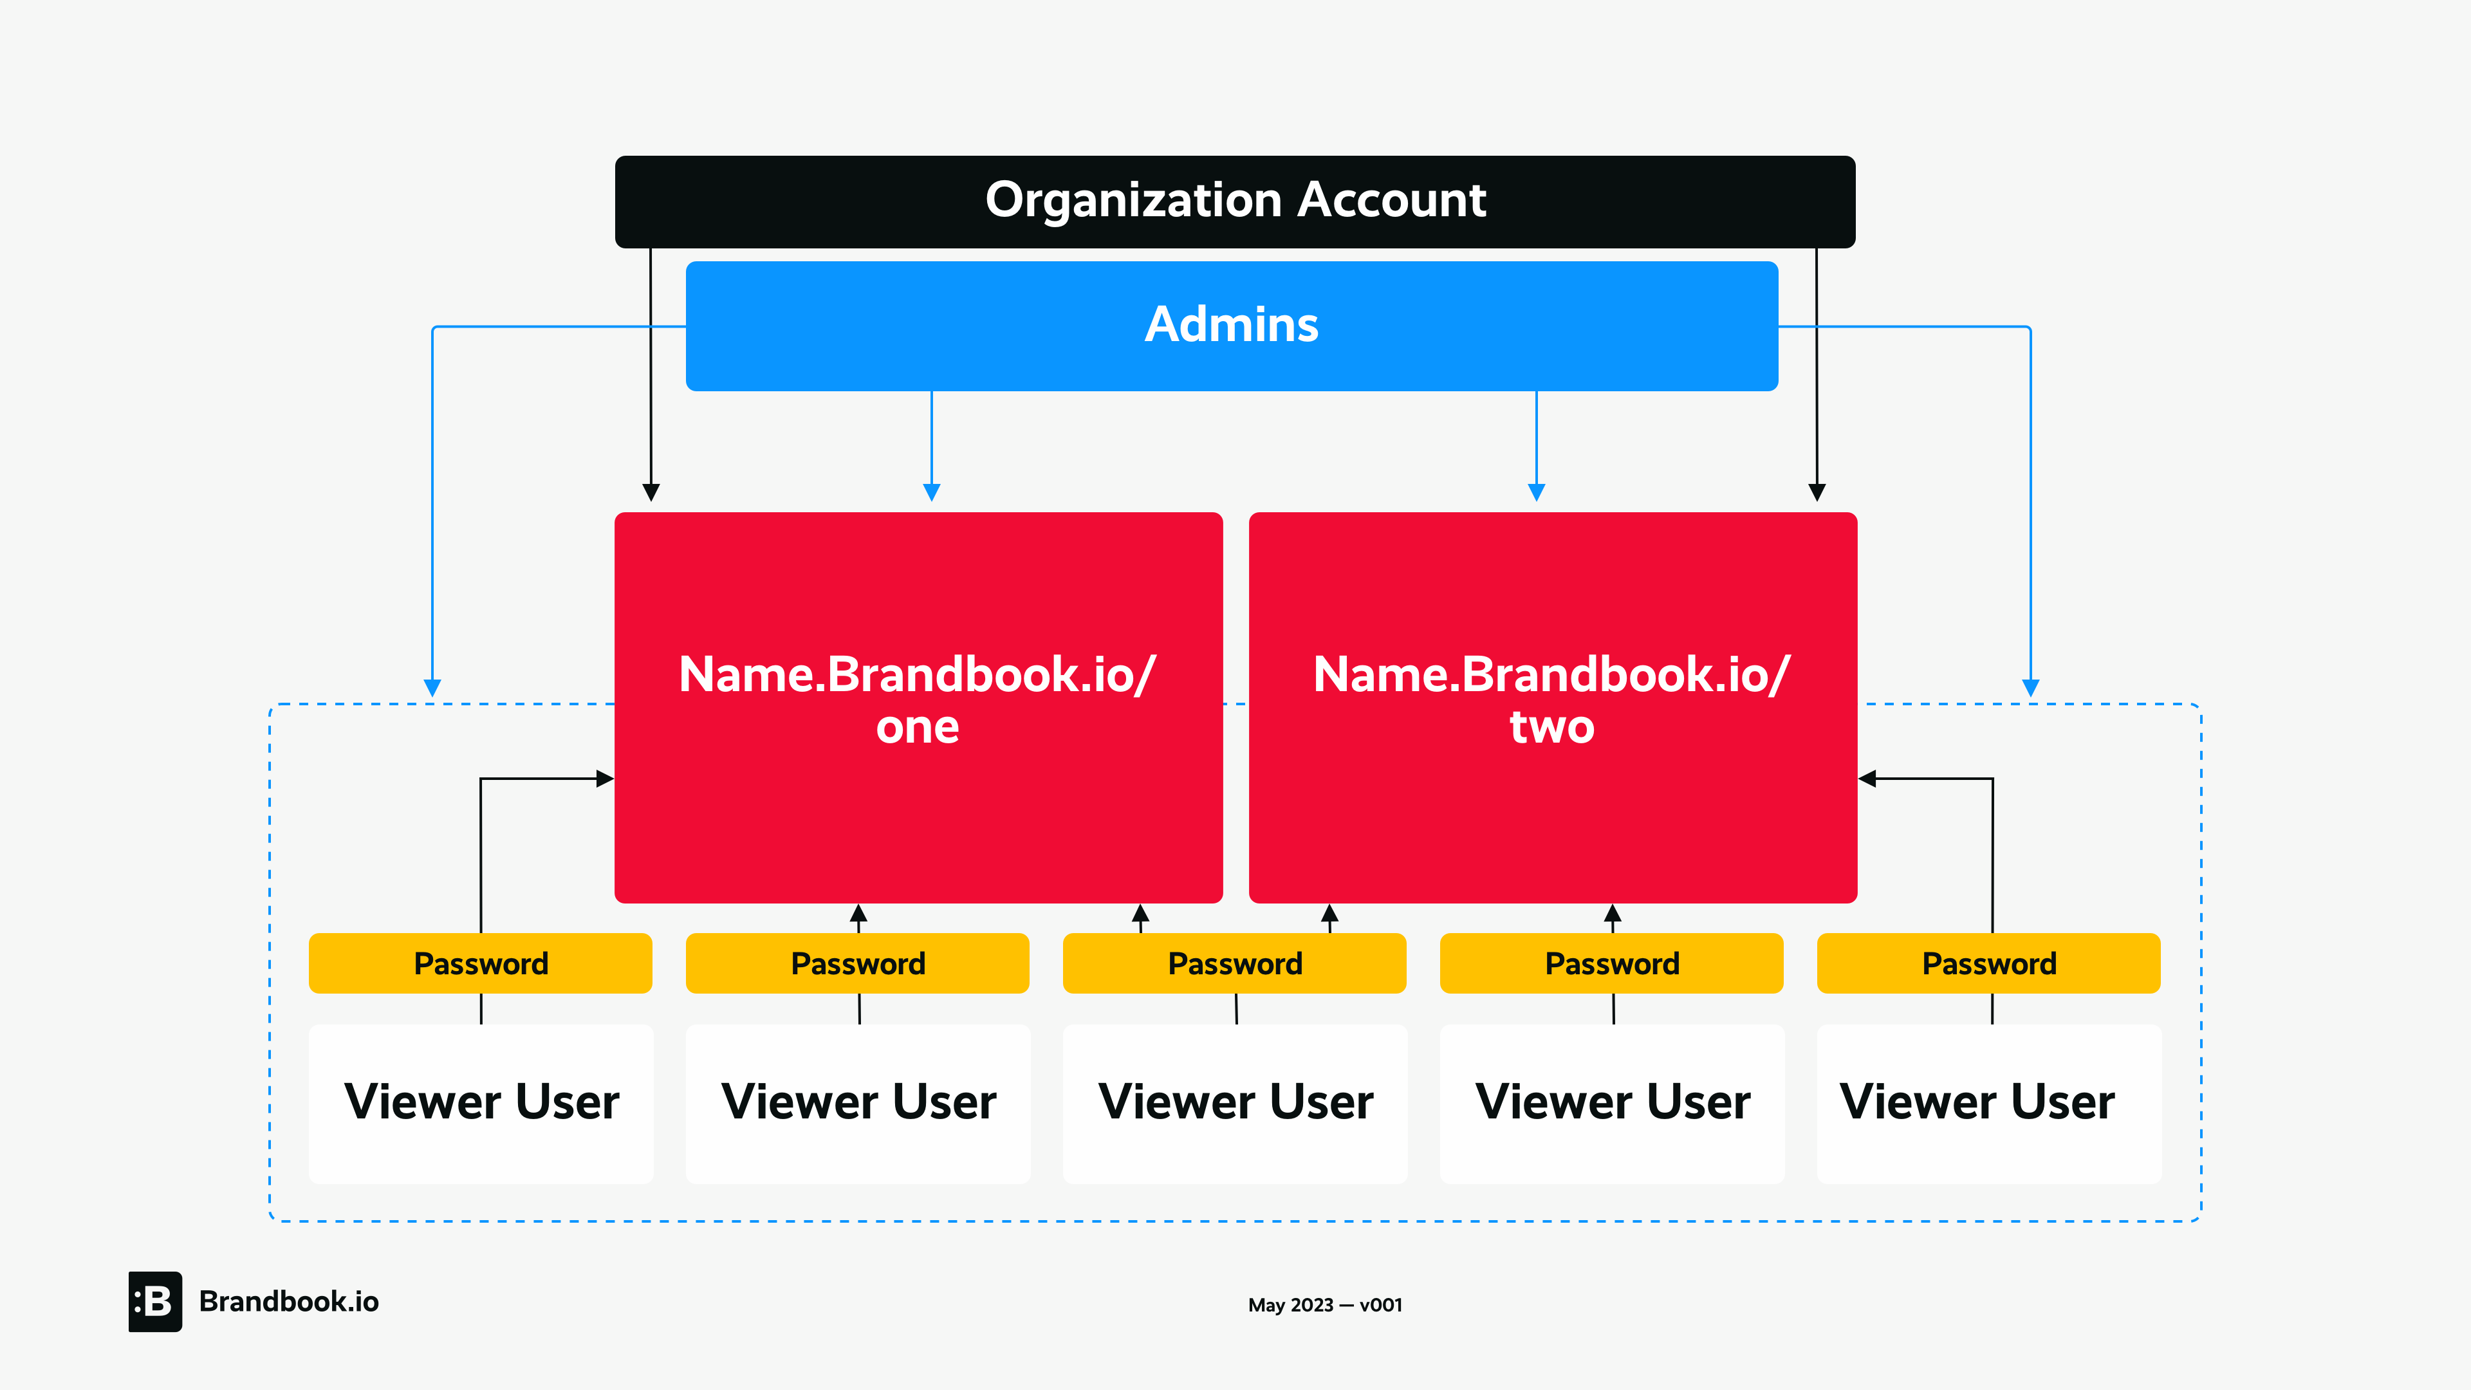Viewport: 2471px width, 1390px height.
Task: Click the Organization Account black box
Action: [1235, 201]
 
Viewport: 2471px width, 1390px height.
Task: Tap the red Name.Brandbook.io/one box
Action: [918, 707]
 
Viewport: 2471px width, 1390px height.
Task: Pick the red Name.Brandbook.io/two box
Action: [1552, 707]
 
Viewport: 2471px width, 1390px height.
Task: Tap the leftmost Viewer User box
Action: [481, 1103]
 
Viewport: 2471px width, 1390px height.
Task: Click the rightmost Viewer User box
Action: [1988, 1103]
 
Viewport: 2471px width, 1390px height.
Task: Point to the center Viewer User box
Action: [1235, 1103]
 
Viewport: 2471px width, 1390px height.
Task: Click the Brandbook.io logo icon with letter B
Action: [155, 1302]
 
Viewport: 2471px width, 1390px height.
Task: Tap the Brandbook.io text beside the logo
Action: [289, 1302]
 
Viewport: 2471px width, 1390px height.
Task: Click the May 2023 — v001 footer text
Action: [1325, 1304]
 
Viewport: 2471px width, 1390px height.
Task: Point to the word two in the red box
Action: [1552, 727]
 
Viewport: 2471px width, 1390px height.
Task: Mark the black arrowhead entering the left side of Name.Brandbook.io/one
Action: [606, 778]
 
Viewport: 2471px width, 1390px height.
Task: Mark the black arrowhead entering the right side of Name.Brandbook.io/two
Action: [1867, 778]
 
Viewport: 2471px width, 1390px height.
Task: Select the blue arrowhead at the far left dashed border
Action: [432, 688]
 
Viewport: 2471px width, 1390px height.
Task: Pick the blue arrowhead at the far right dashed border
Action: [2031, 688]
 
